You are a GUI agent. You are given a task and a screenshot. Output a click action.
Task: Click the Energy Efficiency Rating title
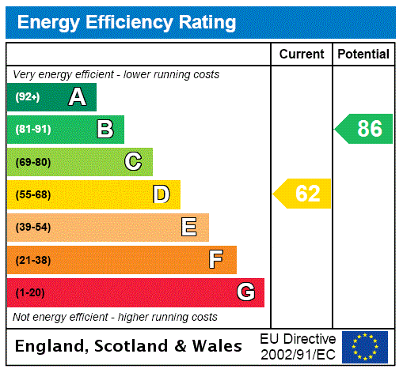[x=126, y=22]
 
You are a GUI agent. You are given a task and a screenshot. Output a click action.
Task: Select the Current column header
[x=302, y=55]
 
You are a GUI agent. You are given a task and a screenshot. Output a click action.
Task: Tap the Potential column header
[x=363, y=55]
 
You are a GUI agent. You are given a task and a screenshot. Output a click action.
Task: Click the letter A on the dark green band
[x=77, y=97]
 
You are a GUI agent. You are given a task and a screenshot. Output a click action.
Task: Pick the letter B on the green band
[x=105, y=130]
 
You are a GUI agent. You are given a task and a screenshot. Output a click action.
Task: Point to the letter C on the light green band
[x=133, y=162]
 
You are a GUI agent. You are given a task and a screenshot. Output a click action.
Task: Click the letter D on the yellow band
[x=161, y=194]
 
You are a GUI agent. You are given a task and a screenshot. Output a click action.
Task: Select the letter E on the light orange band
[x=189, y=228]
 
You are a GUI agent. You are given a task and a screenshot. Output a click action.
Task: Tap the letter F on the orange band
[x=215, y=260]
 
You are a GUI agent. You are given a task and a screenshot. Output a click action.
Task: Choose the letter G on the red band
[x=245, y=292]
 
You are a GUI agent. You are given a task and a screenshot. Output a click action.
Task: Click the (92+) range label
[x=27, y=97]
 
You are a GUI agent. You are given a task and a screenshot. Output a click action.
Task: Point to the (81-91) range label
[x=32, y=130]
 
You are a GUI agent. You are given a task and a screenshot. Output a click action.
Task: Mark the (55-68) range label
[x=32, y=194]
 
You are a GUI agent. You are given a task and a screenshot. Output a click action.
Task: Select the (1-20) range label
[x=29, y=292]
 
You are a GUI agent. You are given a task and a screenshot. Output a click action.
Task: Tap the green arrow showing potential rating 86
[x=364, y=129]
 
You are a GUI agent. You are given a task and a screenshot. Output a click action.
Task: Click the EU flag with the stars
[x=365, y=347]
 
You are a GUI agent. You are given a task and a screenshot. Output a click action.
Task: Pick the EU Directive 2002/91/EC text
[x=298, y=347]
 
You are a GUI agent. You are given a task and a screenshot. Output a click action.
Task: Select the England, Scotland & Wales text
[x=129, y=346]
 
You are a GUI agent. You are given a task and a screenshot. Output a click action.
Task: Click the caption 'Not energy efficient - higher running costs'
[x=115, y=317]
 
